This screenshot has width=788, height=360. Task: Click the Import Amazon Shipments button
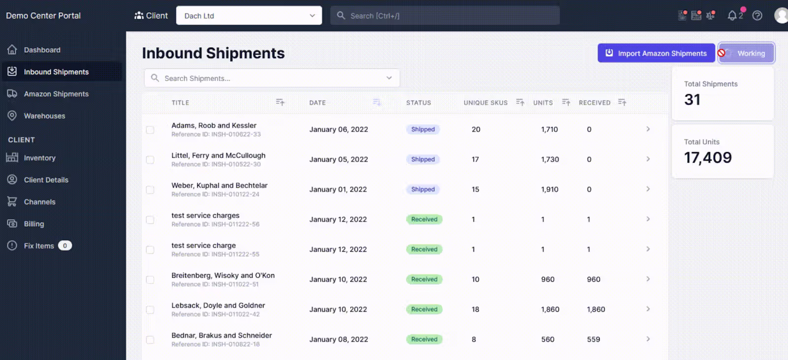click(x=656, y=53)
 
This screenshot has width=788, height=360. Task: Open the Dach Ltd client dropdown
click(x=249, y=15)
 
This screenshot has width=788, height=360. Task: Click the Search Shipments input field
click(x=271, y=78)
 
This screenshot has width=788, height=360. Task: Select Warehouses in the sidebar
click(x=44, y=116)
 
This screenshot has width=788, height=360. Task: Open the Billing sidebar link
click(x=34, y=224)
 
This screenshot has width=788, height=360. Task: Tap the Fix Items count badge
click(x=65, y=246)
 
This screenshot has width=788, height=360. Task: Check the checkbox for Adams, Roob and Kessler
click(x=150, y=130)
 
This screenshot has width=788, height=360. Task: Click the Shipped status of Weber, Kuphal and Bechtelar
click(x=423, y=189)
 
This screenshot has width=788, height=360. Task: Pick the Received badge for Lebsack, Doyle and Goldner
click(x=424, y=309)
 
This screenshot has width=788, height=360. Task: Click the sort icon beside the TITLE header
click(x=280, y=102)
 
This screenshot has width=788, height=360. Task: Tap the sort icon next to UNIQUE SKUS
click(x=520, y=102)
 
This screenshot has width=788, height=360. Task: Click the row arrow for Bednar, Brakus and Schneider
click(x=648, y=339)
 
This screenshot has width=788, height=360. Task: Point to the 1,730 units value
click(x=550, y=160)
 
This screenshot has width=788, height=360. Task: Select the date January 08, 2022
click(x=338, y=339)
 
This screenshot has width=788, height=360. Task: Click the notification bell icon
click(x=732, y=15)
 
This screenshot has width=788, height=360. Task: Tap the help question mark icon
click(x=757, y=15)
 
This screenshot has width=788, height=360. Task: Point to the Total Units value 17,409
click(x=708, y=157)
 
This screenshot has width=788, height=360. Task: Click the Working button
click(x=747, y=53)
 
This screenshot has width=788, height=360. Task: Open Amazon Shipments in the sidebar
click(x=56, y=94)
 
